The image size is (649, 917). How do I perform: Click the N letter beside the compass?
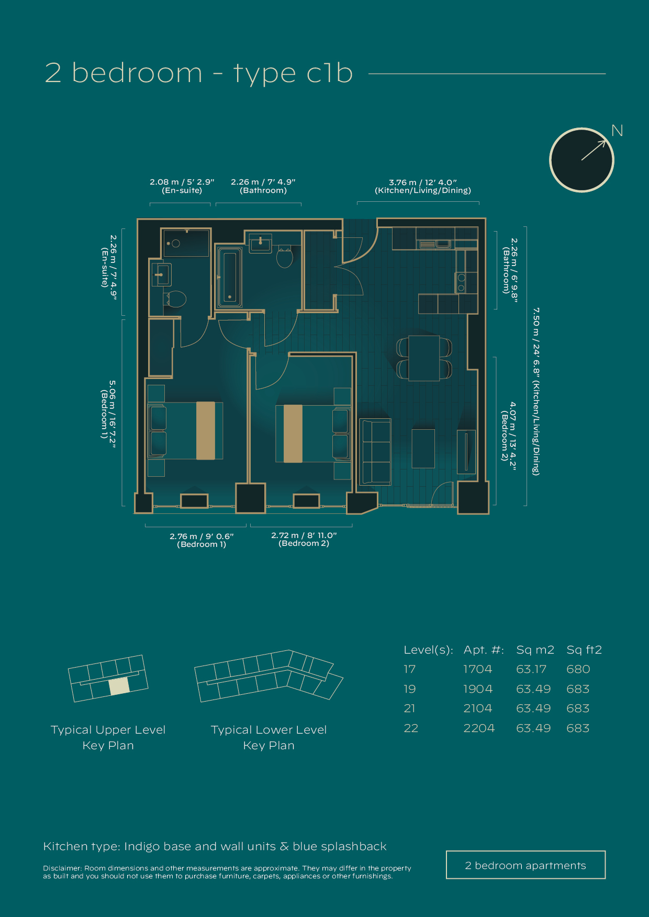(x=617, y=131)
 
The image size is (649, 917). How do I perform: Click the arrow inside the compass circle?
(x=594, y=150)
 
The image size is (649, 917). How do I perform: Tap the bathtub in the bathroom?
(x=230, y=277)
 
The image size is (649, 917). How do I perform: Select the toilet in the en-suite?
(x=175, y=300)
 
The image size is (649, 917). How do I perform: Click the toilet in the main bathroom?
(x=284, y=257)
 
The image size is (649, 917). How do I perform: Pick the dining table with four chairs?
(x=424, y=358)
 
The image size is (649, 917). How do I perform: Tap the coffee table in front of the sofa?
(x=423, y=449)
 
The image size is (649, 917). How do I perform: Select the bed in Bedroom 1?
(x=186, y=430)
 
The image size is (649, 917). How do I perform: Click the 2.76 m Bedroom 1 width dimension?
(x=202, y=540)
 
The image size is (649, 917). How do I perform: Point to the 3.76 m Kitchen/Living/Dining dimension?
(x=422, y=186)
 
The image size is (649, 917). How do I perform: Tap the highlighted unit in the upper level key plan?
(x=119, y=686)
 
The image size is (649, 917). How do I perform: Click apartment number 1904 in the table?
(x=477, y=689)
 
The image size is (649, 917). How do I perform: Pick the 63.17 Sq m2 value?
(x=531, y=669)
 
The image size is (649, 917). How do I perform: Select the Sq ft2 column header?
(x=584, y=650)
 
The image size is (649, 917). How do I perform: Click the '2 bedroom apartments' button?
(x=525, y=865)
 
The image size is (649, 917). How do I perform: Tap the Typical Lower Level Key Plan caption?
(x=268, y=737)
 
